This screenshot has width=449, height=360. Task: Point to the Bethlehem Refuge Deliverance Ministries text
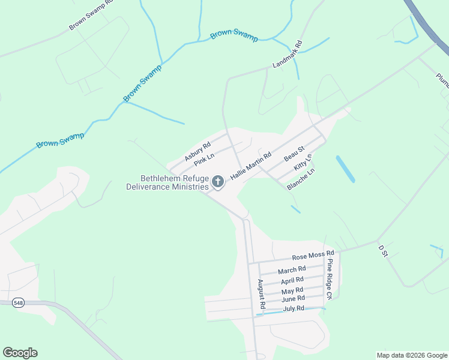coord(167,182)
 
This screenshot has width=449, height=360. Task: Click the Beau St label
coord(295,153)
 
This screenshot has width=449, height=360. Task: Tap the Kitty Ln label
coord(303,164)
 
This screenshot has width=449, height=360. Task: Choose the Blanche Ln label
coord(301,179)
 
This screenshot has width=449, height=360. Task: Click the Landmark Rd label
coord(289,55)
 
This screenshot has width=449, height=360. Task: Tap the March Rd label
coord(292,270)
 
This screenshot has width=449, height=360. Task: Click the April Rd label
coord(292,280)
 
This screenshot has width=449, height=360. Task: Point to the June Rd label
coord(293,299)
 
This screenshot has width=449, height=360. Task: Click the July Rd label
coord(294,308)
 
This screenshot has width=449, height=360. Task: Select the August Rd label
coord(261,295)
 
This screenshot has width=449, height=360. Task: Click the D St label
coord(384,250)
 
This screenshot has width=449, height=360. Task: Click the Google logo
coord(20,353)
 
